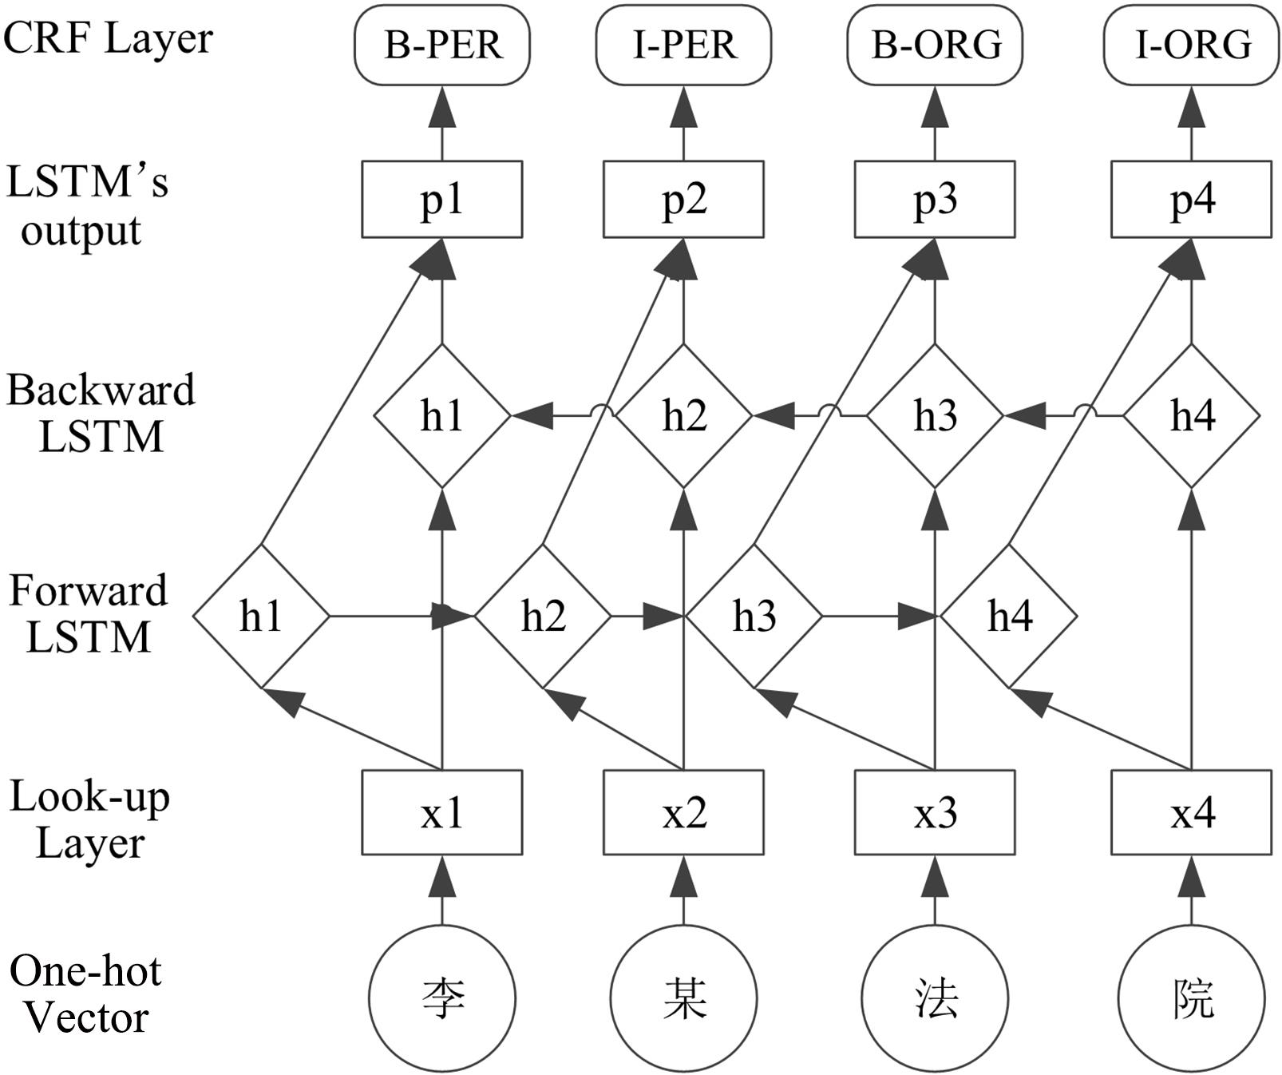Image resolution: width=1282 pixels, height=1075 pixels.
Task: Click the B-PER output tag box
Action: click(x=442, y=45)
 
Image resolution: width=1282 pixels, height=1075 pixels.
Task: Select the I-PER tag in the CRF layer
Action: click(x=683, y=45)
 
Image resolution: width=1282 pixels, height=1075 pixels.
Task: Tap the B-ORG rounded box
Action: click(x=935, y=45)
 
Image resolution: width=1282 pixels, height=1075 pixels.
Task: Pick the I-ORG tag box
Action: click(x=1192, y=45)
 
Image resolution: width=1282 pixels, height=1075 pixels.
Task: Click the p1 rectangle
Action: click(x=442, y=200)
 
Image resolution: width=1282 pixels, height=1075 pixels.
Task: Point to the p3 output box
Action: click(x=935, y=200)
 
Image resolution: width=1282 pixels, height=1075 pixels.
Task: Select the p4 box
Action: click(x=1192, y=200)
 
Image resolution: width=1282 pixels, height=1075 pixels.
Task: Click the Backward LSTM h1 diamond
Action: click(x=442, y=415)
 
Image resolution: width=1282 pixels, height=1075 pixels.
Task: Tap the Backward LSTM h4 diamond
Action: click(x=1192, y=415)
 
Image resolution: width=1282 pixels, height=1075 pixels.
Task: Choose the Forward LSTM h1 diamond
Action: click(x=261, y=616)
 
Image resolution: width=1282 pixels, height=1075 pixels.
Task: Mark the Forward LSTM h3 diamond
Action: click(x=754, y=616)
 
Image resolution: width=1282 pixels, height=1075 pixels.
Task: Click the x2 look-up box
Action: click(x=683, y=812)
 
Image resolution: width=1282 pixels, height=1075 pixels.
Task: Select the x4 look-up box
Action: click(x=1192, y=812)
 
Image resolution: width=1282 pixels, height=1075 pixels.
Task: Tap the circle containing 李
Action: click(x=442, y=998)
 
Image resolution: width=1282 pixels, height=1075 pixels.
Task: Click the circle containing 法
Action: click(x=935, y=998)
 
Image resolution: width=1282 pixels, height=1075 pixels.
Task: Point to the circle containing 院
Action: click(x=1192, y=998)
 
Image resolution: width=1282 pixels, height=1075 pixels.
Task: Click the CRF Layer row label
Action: click(x=108, y=38)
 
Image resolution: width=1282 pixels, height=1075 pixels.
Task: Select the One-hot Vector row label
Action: click(x=85, y=994)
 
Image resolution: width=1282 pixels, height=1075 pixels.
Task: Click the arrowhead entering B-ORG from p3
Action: click(x=935, y=108)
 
